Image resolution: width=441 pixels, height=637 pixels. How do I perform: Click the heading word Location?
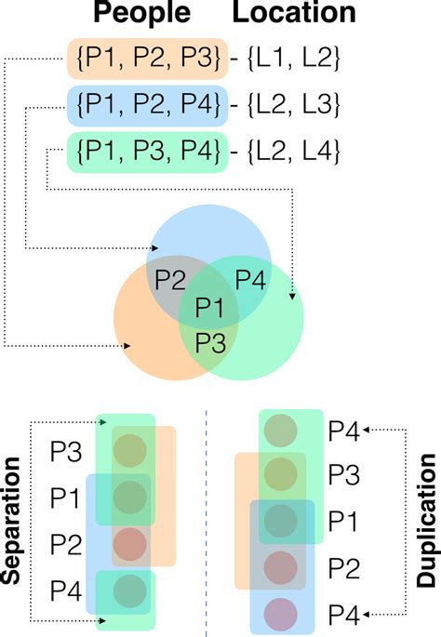[295, 13]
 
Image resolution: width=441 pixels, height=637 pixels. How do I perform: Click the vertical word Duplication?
[424, 524]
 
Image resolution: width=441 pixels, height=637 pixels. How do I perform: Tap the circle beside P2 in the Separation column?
[131, 541]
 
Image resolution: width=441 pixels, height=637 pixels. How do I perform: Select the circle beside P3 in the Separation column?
[131, 449]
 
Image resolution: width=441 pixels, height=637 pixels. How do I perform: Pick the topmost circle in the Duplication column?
[282, 431]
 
